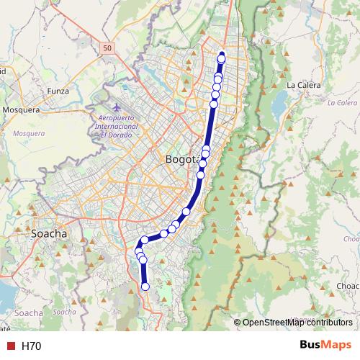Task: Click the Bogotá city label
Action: click(x=181, y=160)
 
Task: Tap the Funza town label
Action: click(x=58, y=91)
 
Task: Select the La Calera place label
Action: click(x=302, y=85)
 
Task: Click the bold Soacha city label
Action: click(x=50, y=234)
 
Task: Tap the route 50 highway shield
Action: click(x=107, y=48)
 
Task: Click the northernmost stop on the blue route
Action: click(x=222, y=58)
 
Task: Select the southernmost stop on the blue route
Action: click(x=145, y=287)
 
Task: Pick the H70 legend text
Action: click(x=32, y=346)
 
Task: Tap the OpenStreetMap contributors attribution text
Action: click(x=297, y=323)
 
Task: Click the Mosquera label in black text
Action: click(x=22, y=110)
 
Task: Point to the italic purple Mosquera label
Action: click(x=29, y=133)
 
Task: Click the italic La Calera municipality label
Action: click(x=342, y=103)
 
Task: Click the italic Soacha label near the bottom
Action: click(x=65, y=312)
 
